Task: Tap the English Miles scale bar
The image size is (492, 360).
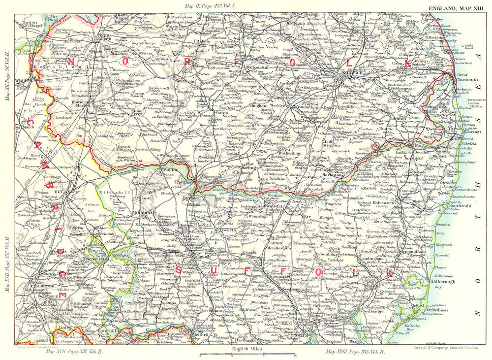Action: (x=247, y=354)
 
